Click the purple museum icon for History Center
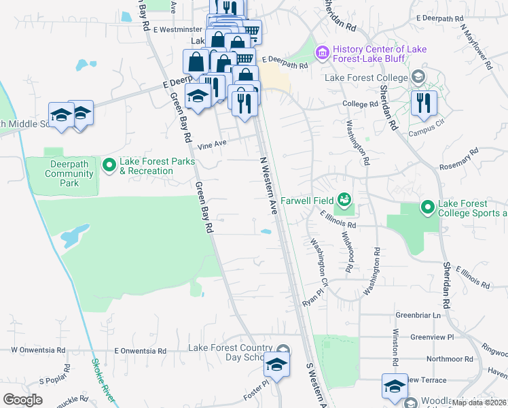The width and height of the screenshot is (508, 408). click(322, 52)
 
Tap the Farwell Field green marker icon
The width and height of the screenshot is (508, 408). click(344, 199)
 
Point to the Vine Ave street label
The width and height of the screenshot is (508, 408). click(211, 145)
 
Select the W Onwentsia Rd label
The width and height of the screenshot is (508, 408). click(37, 350)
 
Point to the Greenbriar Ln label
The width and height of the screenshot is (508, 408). click(418, 316)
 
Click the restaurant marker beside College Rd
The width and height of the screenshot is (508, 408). click(424, 104)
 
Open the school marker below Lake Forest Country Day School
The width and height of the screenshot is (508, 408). click(276, 366)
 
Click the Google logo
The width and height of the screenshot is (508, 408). click(23, 400)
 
